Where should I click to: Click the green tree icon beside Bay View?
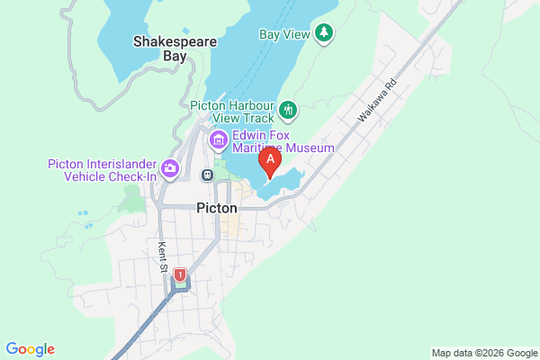point(324,33)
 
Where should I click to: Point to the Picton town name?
point(216,208)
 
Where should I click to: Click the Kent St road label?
point(164,258)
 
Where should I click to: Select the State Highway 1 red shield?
point(180,274)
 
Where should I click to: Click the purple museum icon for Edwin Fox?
point(219,139)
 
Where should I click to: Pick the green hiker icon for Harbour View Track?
point(288,110)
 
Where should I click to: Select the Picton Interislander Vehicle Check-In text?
point(103,170)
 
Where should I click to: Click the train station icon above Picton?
point(208,175)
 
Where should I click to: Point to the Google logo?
point(30,349)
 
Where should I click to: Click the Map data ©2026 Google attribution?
point(483,352)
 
